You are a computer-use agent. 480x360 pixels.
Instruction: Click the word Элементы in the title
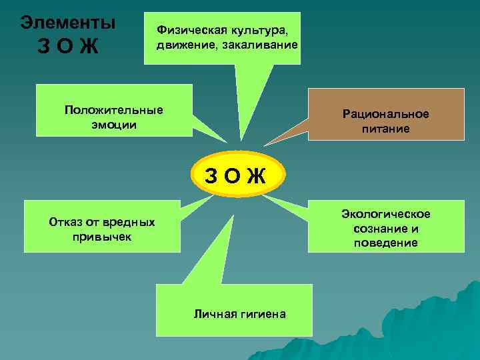[68, 22]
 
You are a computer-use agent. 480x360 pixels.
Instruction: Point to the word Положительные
[114, 110]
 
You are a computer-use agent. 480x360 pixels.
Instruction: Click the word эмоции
[114, 125]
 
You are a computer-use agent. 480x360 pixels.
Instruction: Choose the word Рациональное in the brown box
[386, 114]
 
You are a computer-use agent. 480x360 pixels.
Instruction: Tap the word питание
[386, 129]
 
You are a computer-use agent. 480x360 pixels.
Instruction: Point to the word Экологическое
[386, 213]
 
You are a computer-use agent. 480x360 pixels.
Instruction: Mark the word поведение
[386, 243]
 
